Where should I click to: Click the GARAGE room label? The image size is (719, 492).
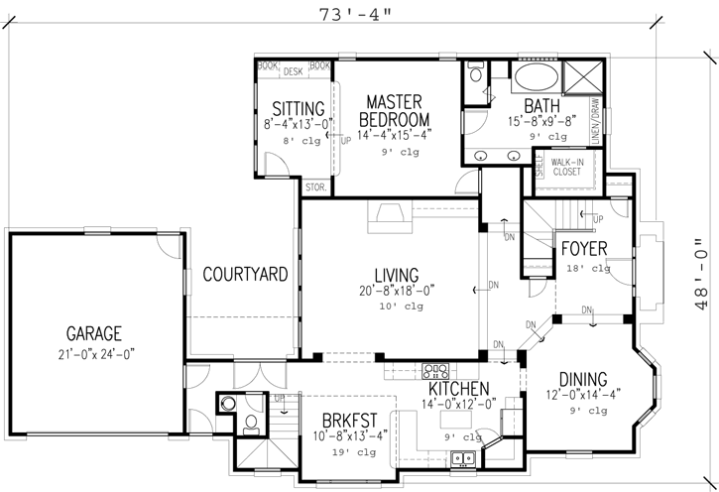coord(94,333)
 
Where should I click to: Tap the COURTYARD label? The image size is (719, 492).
coord(245,273)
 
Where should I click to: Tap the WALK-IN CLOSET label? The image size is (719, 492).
coord(566,166)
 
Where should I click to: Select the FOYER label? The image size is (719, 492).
coord(584,248)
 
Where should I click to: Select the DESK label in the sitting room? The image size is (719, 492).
coord(293,71)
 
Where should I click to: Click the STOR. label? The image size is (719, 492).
coord(316,186)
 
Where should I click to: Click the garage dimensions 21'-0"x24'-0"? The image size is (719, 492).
coord(94,353)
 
